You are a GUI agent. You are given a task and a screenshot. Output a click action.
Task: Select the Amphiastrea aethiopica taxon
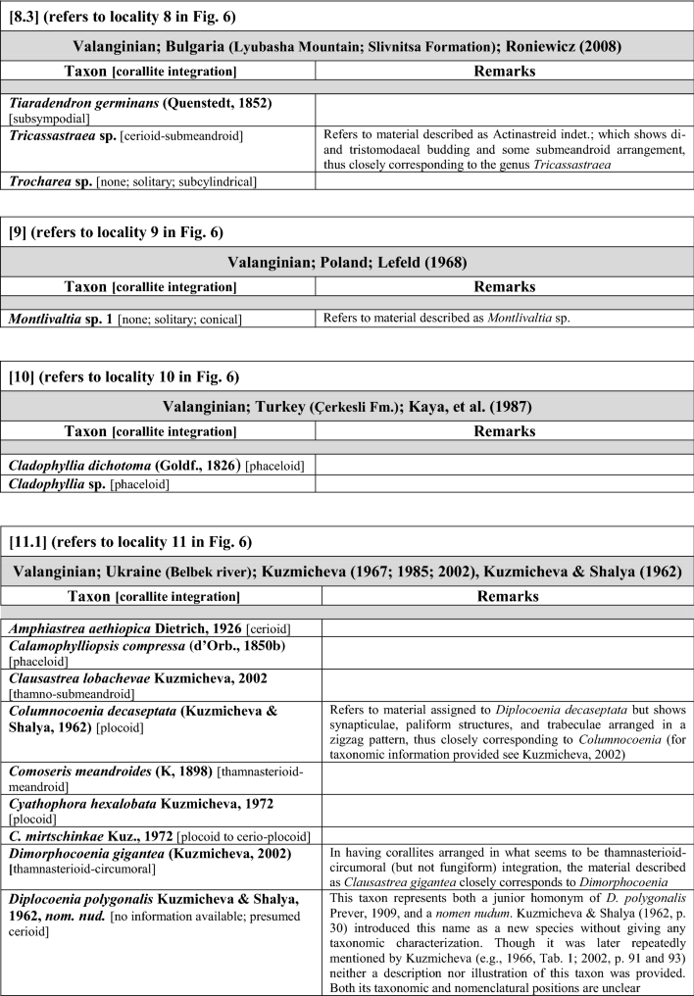(x=157, y=627)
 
